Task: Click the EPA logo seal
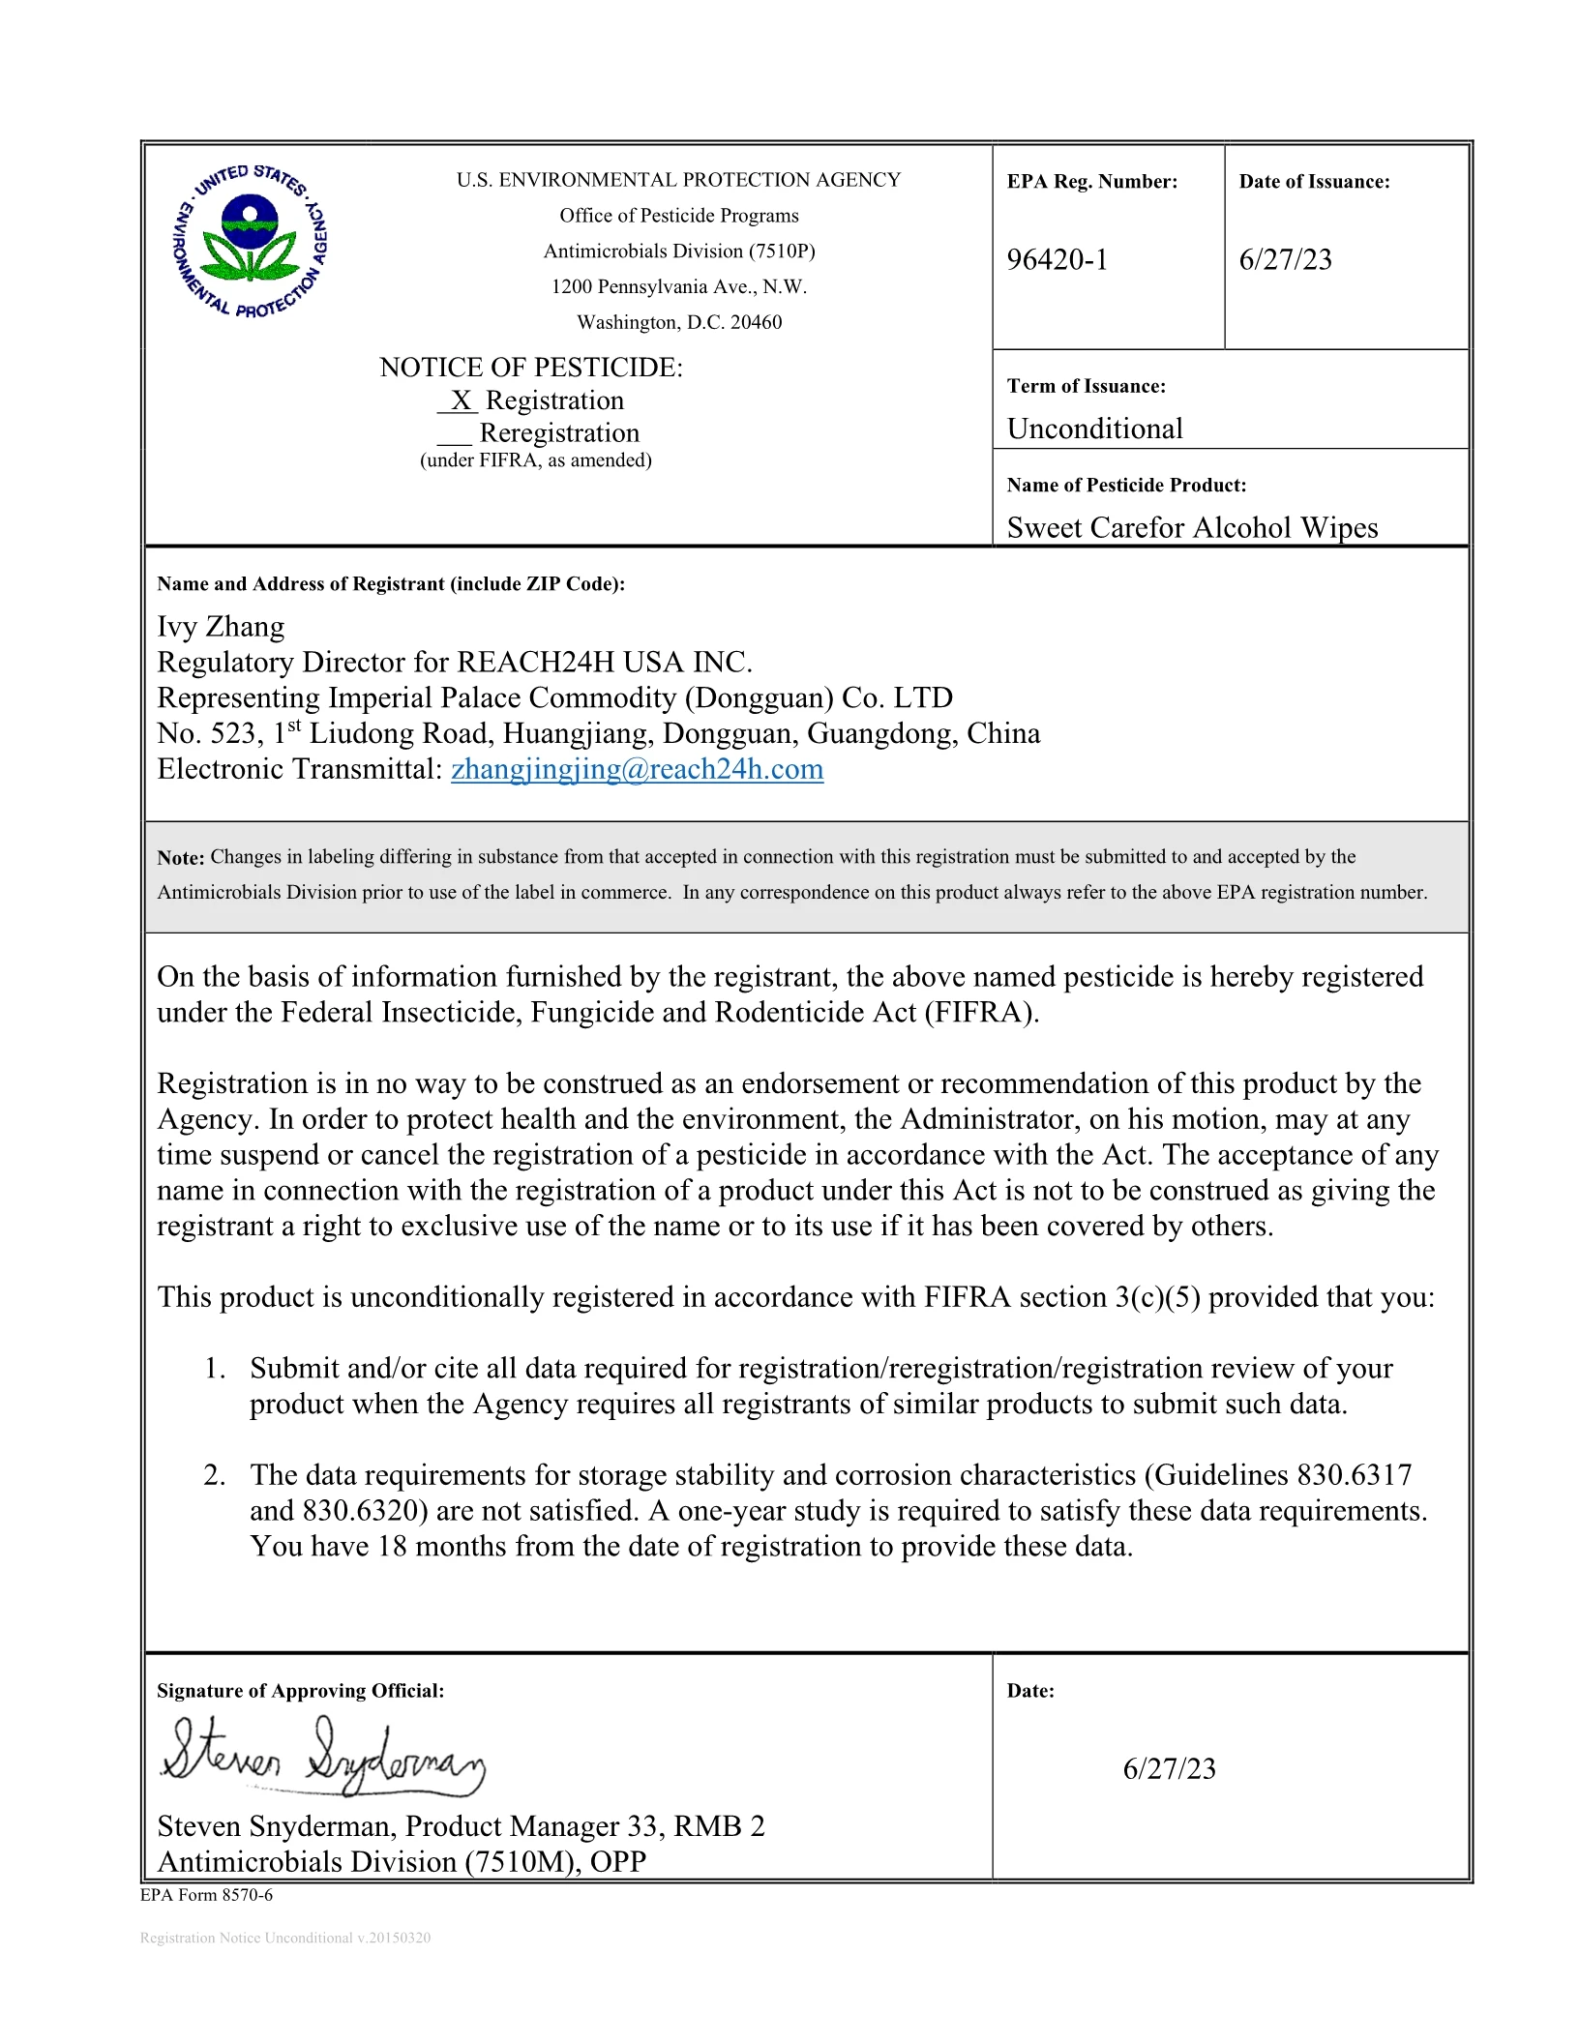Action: click(x=251, y=242)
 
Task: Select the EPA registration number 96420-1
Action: click(x=1057, y=259)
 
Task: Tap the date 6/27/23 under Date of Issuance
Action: click(x=1285, y=259)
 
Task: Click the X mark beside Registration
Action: click(x=461, y=400)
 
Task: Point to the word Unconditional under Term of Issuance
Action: click(x=1094, y=429)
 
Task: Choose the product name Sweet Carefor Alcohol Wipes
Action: click(x=1192, y=527)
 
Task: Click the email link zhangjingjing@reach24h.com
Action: click(x=637, y=769)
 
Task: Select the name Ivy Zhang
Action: click(x=221, y=627)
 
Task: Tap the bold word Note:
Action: click(x=181, y=857)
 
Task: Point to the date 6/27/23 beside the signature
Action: click(x=1169, y=1768)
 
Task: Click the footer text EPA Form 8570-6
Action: click(x=206, y=1895)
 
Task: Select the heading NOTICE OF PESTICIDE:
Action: click(x=530, y=368)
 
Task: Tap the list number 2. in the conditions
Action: click(x=214, y=1475)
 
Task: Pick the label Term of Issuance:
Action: click(x=1086, y=386)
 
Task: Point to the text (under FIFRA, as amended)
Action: click(x=535, y=460)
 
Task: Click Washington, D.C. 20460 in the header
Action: click(x=679, y=322)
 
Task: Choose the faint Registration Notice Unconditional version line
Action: click(x=285, y=1938)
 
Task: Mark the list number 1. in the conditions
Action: click(x=214, y=1369)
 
